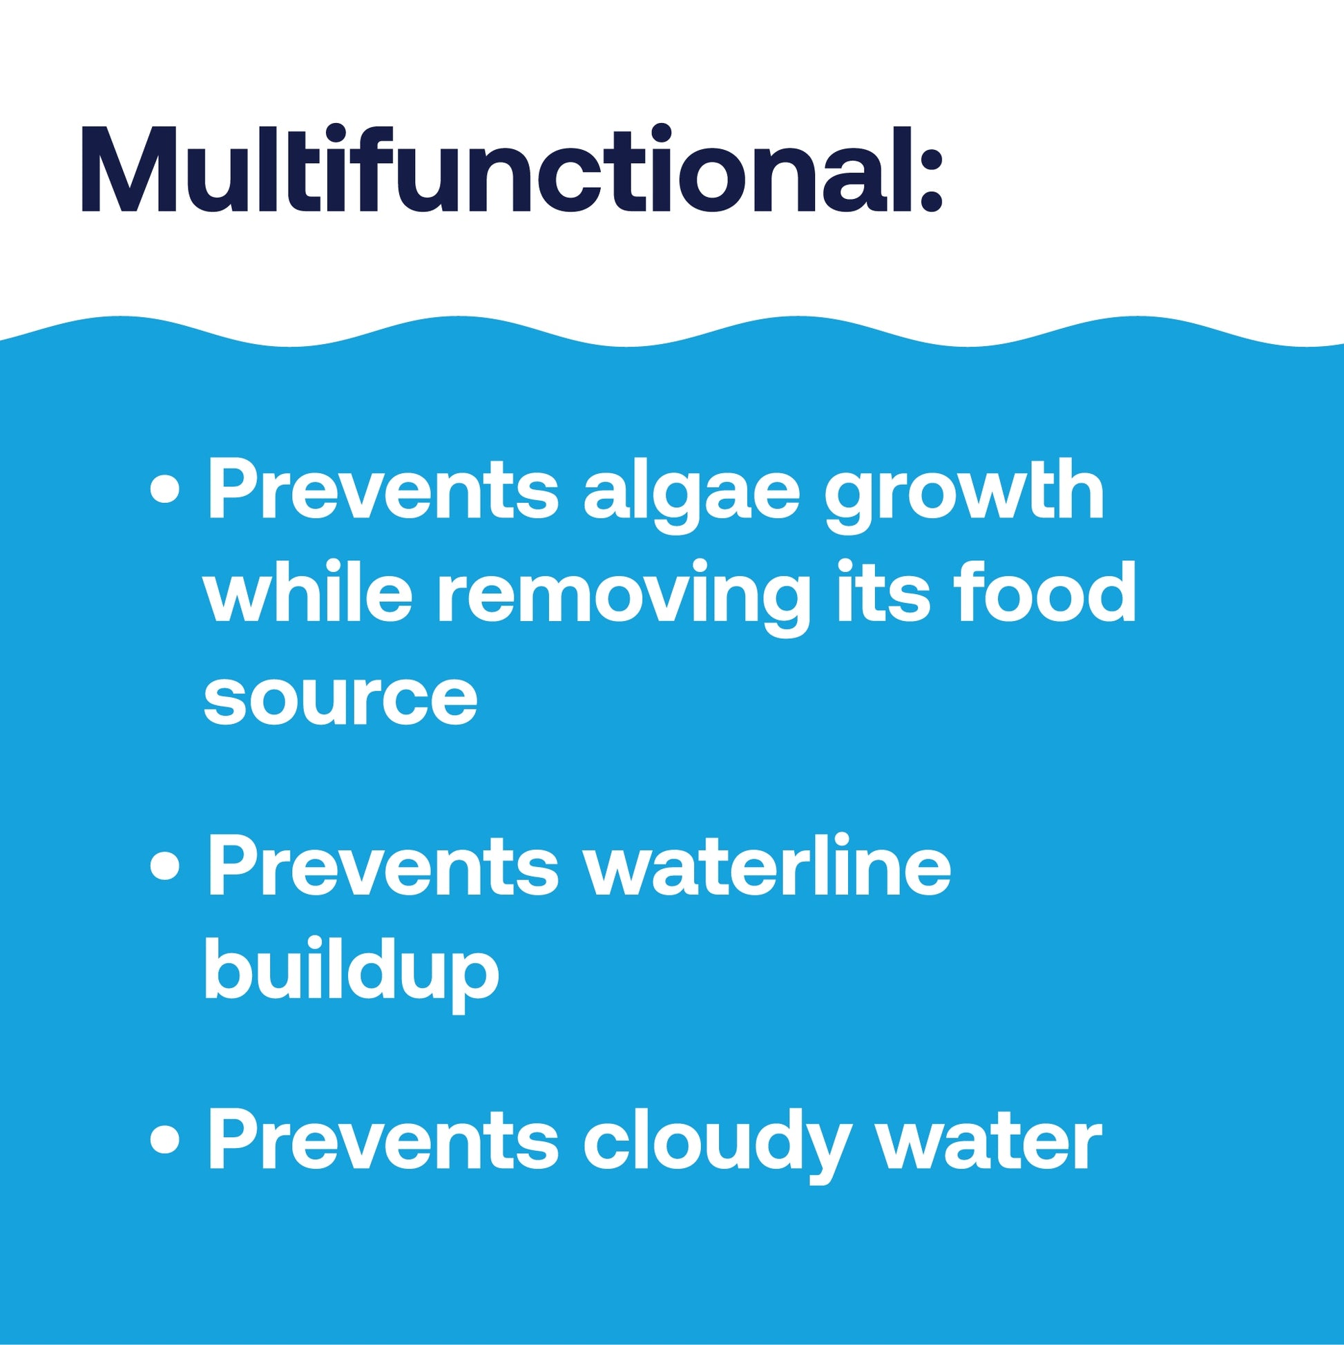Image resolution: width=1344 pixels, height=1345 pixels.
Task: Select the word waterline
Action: click(768, 866)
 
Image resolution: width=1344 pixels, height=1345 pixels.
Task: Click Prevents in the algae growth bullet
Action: click(383, 489)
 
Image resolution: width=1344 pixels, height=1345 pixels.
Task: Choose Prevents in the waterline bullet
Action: click(383, 866)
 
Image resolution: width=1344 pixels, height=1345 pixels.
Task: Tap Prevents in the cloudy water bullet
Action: click(383, 1142)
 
